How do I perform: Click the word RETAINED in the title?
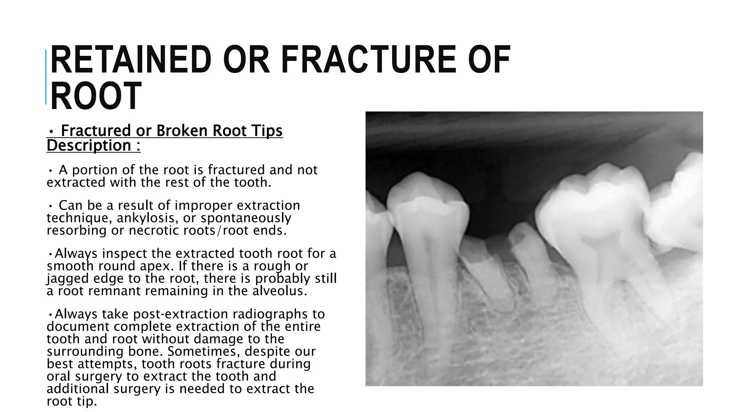click(x=131, y=60)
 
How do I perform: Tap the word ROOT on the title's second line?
click(x=96, y=96)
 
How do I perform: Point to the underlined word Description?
click(x=89, y=146)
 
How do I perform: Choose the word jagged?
click(x=68, y=279)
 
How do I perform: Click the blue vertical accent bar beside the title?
click(x=46, y=77)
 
